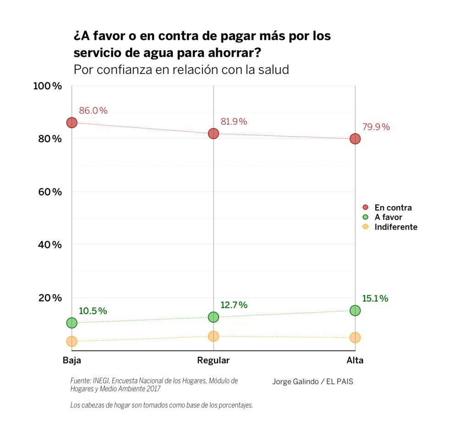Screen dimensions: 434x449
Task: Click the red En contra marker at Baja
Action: coord(71,122)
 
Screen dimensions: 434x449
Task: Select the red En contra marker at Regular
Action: coord(214,134)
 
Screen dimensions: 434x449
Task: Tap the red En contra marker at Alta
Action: coord(355,139)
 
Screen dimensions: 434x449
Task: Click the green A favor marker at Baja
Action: coord(71,323)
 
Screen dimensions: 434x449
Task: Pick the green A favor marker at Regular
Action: coord(214,317)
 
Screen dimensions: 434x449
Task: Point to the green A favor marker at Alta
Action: coord(355,311)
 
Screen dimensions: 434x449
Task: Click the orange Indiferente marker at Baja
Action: coord(71,341)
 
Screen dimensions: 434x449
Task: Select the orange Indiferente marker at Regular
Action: coord(214,336)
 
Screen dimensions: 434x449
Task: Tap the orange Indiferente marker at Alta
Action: coord(355,338)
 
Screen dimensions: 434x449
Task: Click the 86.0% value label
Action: coord(93,111)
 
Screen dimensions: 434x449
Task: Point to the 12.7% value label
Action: coord(234,305)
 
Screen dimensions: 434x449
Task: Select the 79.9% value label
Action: coord(376,127)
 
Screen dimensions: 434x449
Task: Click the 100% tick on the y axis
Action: coord(48,86)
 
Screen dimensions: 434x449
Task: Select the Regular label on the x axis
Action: coord(214,361)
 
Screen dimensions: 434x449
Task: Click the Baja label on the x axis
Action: coord(72,361)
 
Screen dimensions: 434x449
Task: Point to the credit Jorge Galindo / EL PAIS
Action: coord(312,382)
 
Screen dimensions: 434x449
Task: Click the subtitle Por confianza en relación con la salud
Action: coord(181,70)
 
